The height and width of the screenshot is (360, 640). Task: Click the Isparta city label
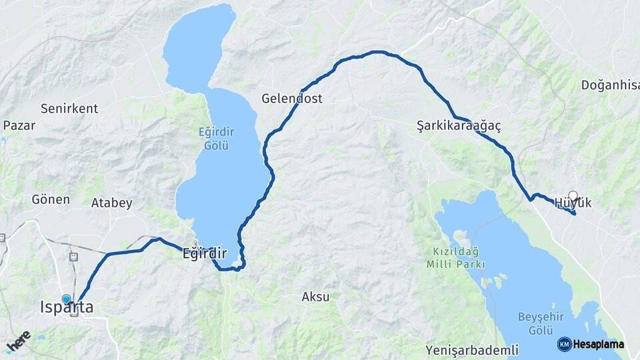(67, 308)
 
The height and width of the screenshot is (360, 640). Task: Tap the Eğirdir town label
(205, 254)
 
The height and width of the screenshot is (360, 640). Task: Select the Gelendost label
(291, 99)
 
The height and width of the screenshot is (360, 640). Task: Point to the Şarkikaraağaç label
(459, 125)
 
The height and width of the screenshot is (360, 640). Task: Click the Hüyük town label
(573, 203)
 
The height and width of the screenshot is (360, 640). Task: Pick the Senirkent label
(69, 108)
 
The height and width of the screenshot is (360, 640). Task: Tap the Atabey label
(111, 203)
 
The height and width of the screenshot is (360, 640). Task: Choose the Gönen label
(51, 199)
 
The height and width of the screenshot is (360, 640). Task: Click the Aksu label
(316, 297)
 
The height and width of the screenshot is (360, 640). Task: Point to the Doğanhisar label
(610, 85)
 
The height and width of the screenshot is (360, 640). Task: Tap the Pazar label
(19, 125)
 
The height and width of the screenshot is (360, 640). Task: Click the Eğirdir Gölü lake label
(217, 137)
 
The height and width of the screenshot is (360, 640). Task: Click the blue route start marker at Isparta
(67, 299)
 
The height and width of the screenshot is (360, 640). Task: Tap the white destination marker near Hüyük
(573, 196)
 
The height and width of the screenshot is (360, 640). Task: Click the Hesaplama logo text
(599, 345)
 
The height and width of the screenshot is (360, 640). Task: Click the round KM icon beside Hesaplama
(564, 345)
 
